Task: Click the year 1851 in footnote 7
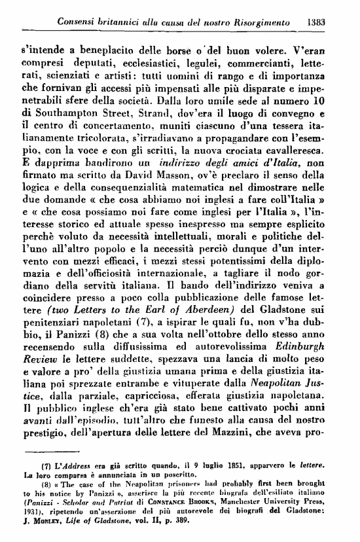click(226, 483)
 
